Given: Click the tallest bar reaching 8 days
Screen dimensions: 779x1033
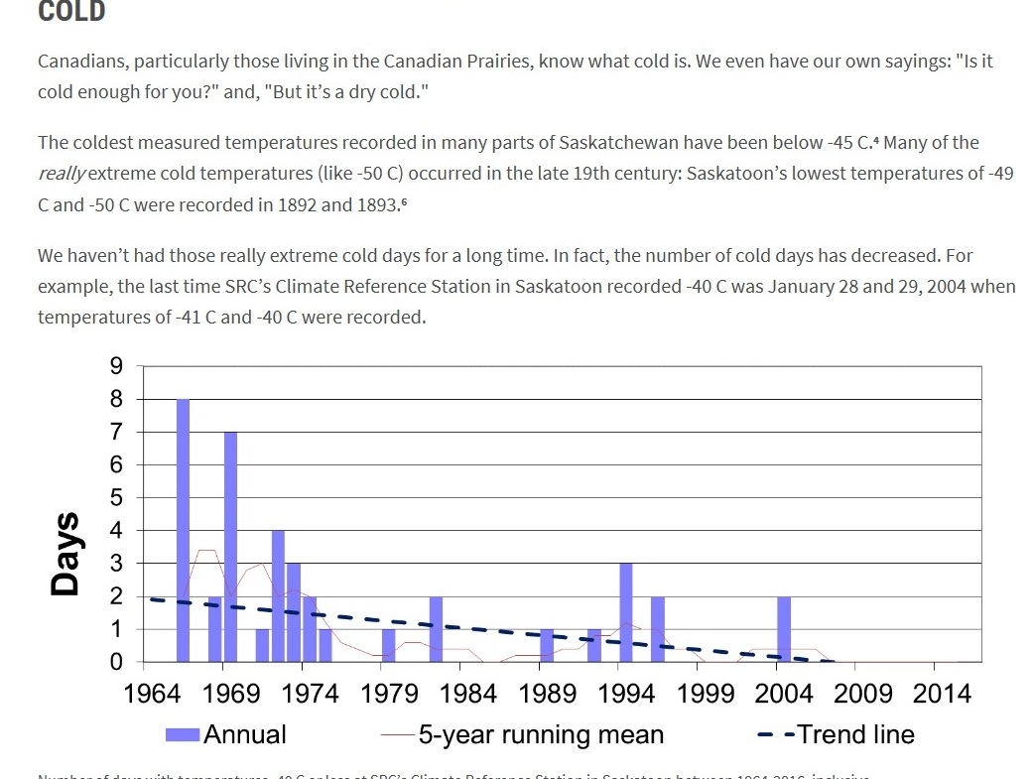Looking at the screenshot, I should [183, 530].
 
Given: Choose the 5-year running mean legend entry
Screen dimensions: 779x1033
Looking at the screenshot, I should [523, 735].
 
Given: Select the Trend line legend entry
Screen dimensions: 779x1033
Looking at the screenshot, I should [836, 735].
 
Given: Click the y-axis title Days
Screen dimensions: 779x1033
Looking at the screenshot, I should [66, 554].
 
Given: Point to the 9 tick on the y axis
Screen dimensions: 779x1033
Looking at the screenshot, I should [117, 366].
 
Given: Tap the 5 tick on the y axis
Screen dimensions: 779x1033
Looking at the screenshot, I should [117, 497].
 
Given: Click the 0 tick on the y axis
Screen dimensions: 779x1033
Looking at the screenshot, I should [117, 662].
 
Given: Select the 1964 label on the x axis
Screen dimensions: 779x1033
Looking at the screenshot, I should [153, 693].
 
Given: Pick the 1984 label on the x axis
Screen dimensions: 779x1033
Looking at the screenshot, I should [467, 693].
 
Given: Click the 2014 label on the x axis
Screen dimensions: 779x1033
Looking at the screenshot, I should [942, 693].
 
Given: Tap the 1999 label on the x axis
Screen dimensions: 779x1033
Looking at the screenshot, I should [705, 693].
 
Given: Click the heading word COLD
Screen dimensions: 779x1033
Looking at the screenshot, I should [71, 12].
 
